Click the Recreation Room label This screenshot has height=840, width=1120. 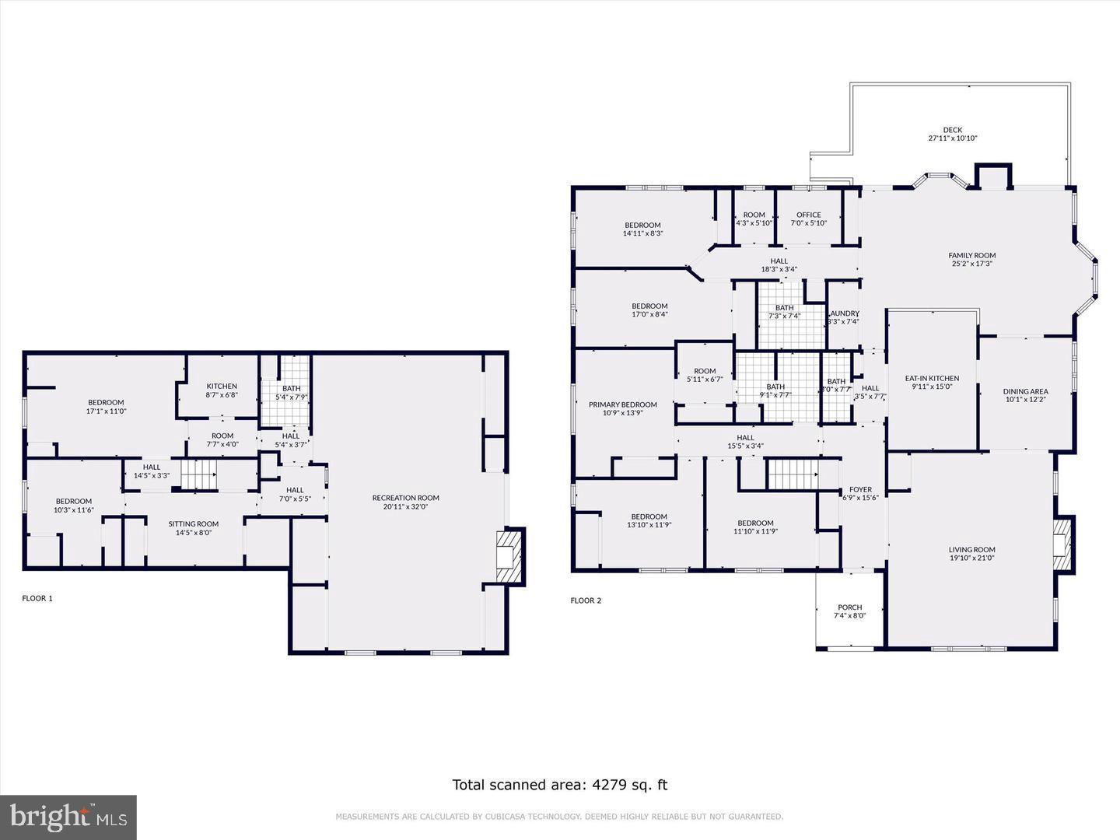coord(405,502)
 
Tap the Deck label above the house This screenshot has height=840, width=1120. coord(952,134)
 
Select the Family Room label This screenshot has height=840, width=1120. coord(971,259)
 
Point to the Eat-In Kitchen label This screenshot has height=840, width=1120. coord(932,382)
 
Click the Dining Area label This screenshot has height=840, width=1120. coord(1025,395)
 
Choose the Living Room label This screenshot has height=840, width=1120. coord(971,553)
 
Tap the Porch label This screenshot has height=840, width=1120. coord(849,611)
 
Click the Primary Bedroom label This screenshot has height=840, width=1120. coord(622,408)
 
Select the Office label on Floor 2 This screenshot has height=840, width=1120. coord(808,219)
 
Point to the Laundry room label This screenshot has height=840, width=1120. coord(843,317)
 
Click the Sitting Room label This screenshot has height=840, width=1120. coord(194,528)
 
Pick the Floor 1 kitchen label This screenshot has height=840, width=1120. coord(222,390)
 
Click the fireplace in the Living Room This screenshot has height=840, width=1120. coord(1063,544)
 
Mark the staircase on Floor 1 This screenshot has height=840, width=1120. coord(198,474)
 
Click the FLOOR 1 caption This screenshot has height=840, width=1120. coord(37,598)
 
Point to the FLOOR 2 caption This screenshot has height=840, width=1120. coord(586,600)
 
